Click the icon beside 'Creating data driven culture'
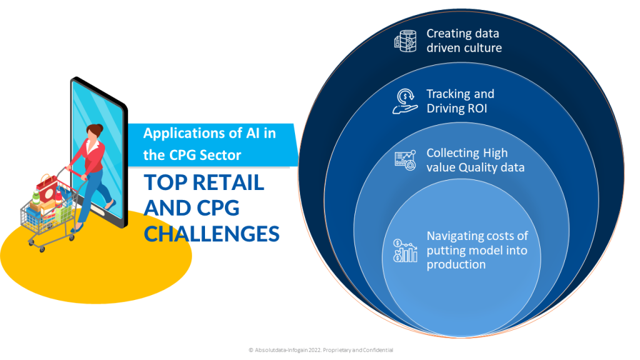coord(404,41)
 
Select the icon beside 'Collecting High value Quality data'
coord(404,160)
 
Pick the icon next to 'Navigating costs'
coord(404,250)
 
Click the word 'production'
coord(456,264)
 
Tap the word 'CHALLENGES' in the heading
coord(211,233)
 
